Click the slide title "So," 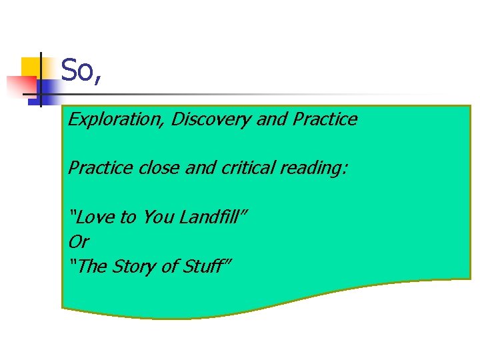(x=81, y=71)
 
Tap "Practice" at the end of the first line (x=325, y=120)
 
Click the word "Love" (x=97, y=217)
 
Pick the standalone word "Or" (x=78, y=241)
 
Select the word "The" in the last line (x=91, y=266)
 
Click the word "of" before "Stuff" (x=171, y=266)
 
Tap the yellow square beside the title (x=30, y=67)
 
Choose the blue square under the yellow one (x=47, y=89)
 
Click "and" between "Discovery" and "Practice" (x=271, y=120)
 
